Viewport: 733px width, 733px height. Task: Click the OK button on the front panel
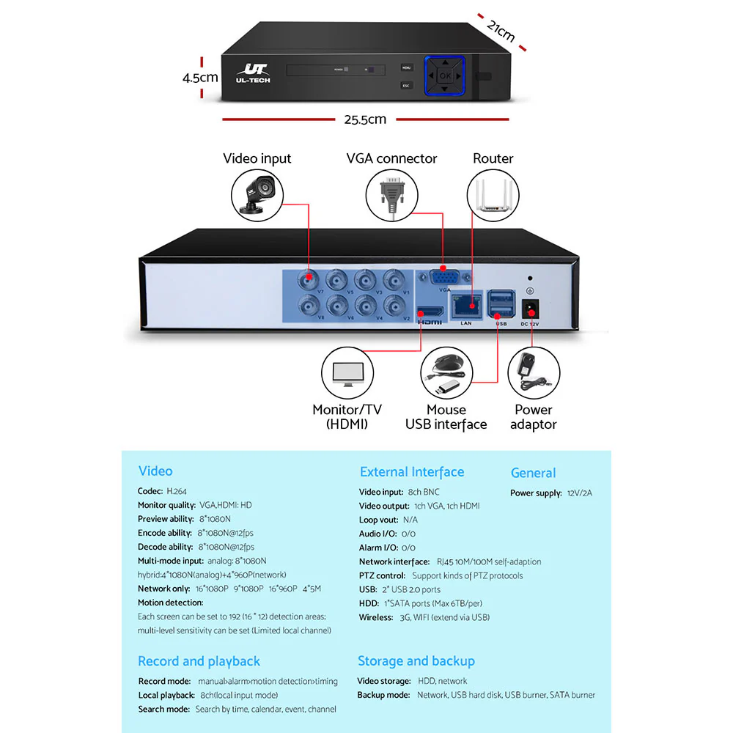click(445, 75)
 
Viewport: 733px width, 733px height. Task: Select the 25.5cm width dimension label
click(364, 119)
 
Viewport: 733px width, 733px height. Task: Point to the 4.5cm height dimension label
click(200, 76)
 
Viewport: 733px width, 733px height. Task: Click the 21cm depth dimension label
click(501, 32)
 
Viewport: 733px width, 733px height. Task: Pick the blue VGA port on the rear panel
click(443, 279)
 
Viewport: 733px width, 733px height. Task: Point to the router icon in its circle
click(493, 195)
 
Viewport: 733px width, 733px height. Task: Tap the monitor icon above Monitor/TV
click(347, 373)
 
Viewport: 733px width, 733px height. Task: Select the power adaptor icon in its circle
click(533, 373)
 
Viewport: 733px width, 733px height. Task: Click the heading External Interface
click(412, 472)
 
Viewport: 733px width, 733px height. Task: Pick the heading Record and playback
click(199, 661)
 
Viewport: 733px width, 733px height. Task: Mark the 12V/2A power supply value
click(579, 493)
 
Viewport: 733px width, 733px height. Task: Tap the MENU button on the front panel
click(406, 67)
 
